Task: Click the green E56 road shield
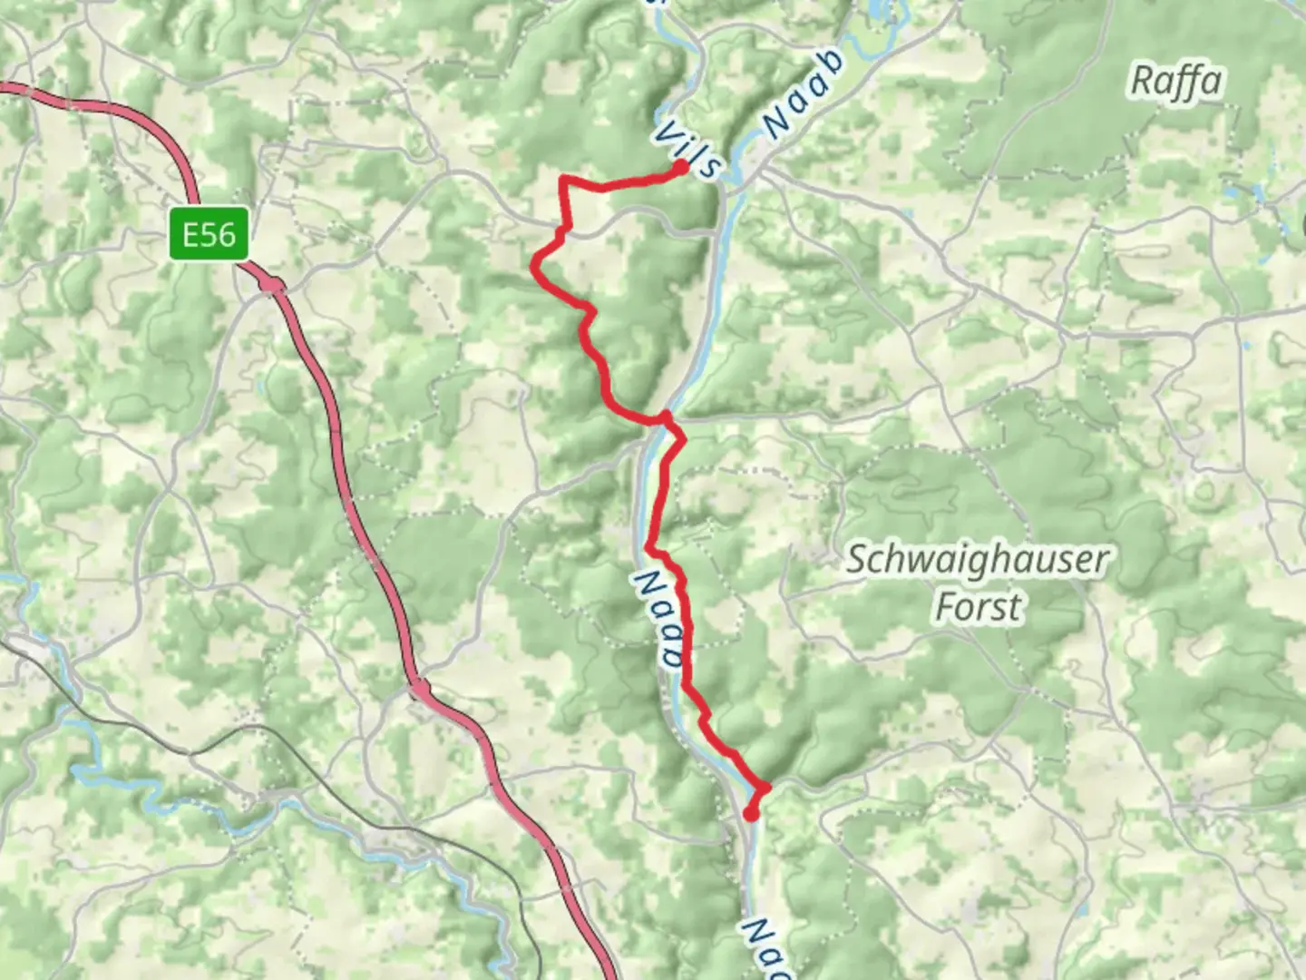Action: [209, 235]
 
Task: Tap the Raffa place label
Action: [1175, 83]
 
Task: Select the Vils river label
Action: [688, 148]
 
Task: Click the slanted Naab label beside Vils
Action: [804, 94]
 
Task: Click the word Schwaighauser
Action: [977, 561]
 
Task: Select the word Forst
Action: [978, 606]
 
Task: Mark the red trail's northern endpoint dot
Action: [680, 167]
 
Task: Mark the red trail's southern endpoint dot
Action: [751, 814]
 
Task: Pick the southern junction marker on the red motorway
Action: [420, 691]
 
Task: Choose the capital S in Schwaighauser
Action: [858, 561]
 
